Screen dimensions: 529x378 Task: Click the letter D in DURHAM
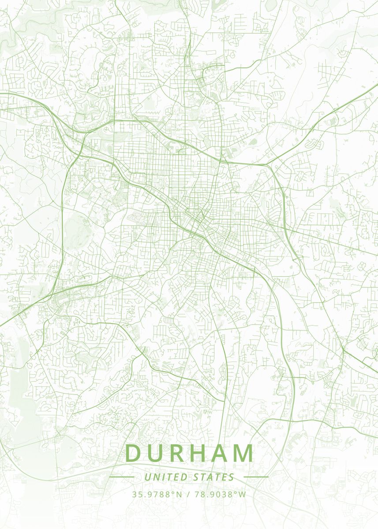(135, 453)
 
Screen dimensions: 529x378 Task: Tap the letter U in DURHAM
(157, 453)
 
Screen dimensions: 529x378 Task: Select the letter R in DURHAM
(179, 453)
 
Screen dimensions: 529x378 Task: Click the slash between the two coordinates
(188, 494)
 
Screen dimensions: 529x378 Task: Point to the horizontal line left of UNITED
(121, 477)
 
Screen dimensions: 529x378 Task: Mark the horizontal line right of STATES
(256, 477)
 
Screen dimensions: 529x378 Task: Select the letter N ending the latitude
(179, 494)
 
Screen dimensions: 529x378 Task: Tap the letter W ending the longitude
(243, 494)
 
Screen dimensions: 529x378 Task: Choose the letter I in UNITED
(161, 477)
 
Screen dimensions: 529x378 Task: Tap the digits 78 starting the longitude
(198, 494)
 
